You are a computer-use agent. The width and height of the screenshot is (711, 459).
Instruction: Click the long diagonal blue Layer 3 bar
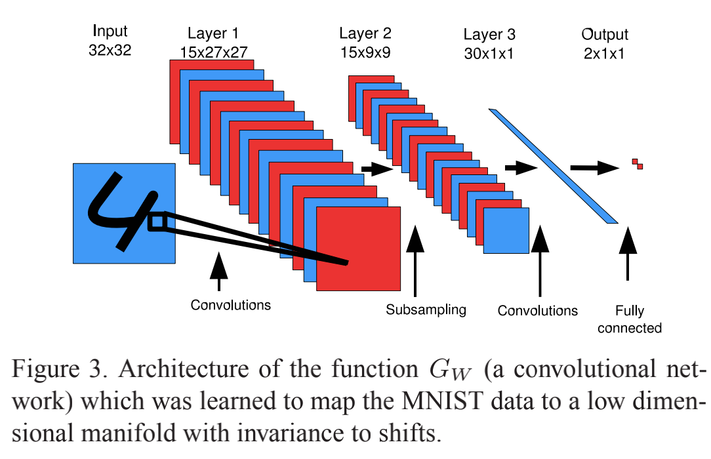pos(554,167)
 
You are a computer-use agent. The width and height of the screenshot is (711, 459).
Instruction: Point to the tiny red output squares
pos(637,164)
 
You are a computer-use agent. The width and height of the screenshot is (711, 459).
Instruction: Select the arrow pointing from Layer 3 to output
pos(594,168)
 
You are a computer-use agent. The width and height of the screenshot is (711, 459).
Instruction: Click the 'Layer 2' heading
pos(365,33)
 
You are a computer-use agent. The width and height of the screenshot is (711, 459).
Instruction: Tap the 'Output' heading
pos(605,34)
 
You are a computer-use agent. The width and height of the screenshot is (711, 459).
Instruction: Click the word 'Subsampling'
pos(426,309)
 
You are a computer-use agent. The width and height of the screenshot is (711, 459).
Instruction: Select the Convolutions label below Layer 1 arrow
pos(230,305)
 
